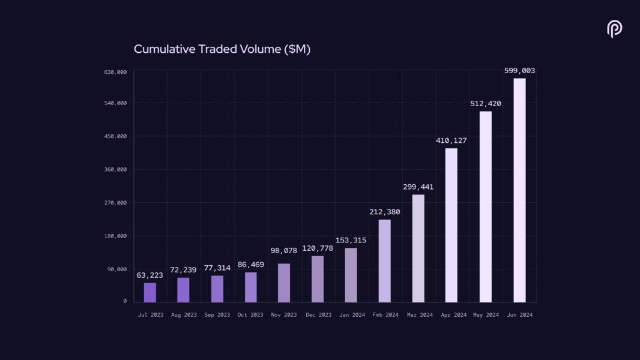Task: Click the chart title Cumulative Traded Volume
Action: coord(222,49)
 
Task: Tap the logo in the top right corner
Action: coord(614,29)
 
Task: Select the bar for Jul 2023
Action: coord(150,292)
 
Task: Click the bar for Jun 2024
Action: coord(519,190)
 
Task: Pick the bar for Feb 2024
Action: coord(384,261)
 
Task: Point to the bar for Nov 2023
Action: coord(284,283)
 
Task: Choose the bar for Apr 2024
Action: coord(451,225)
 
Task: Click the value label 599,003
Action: coord(519,71)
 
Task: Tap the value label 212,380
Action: coord(384,212)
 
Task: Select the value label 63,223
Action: coord(150,275)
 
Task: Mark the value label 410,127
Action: coord(451,140)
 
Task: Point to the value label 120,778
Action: coord(317,248)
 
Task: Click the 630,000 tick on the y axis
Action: coord(115,72)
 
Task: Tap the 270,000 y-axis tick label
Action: coord(115,203)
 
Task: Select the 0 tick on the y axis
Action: coord(125,301)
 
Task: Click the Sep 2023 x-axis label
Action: coord(217,315)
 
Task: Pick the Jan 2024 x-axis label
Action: coord(351,315)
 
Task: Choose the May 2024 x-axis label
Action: coord(486,315)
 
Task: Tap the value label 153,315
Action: coord(351,241)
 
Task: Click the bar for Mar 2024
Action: coord(418,248)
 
